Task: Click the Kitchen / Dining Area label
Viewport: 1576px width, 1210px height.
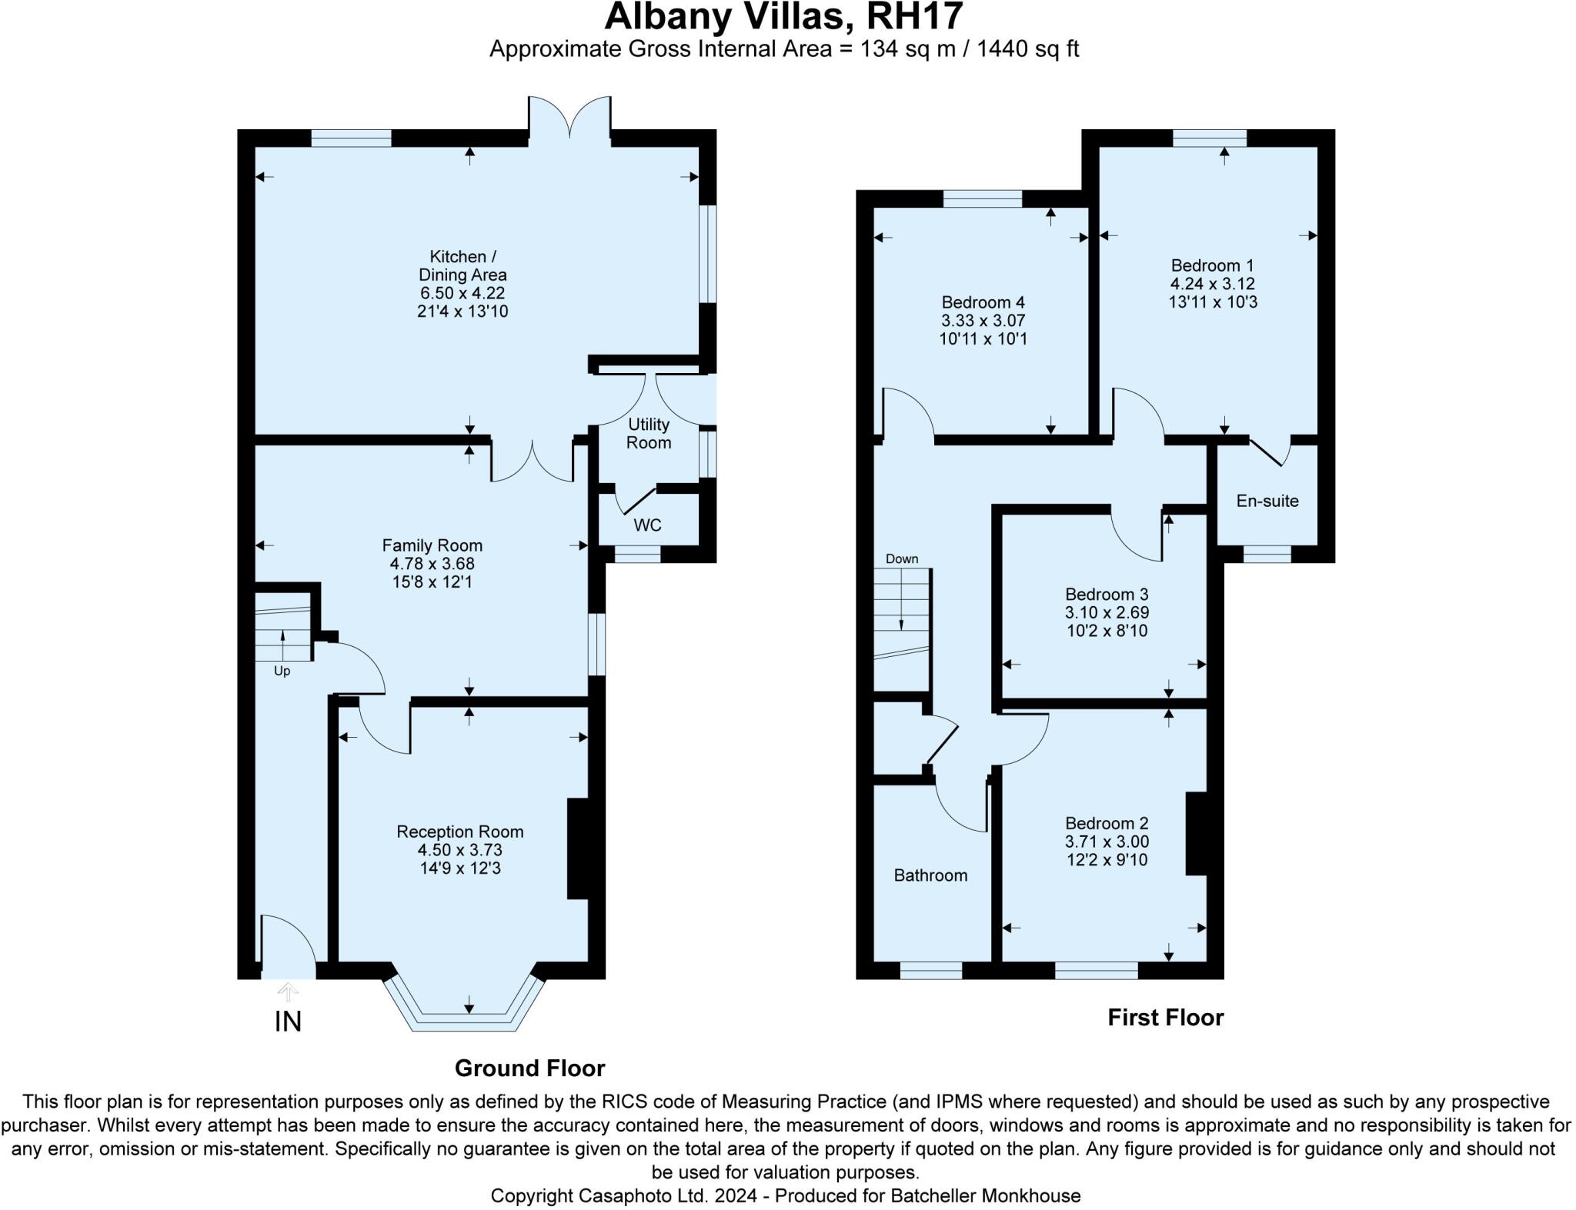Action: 462,265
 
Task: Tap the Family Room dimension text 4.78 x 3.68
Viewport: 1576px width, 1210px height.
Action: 432,563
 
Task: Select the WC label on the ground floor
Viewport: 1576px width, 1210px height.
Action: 647,525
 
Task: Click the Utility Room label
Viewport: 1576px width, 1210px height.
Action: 648,433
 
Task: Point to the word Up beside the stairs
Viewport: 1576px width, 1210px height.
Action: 282,671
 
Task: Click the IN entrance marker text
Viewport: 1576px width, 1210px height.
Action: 288,1022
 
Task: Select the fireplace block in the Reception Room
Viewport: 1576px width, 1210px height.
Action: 577,848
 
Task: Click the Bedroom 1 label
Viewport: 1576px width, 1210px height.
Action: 1212,265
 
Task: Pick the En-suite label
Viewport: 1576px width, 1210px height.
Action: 1267,501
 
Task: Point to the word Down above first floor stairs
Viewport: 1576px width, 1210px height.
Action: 901,558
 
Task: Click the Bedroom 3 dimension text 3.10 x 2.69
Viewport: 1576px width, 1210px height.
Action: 1107,612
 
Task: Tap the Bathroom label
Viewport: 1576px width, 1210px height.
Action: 930,875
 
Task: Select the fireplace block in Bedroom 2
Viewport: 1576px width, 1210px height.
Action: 1195,833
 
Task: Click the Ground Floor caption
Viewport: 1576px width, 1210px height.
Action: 529,1068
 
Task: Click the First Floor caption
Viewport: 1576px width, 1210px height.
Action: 1165,1017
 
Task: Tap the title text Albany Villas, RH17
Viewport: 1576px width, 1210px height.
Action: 783,17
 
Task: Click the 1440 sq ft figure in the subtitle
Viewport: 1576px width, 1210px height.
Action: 1027,49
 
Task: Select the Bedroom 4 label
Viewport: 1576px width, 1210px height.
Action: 983,302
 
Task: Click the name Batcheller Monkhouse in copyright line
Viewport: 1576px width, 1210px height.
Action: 985,1195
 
